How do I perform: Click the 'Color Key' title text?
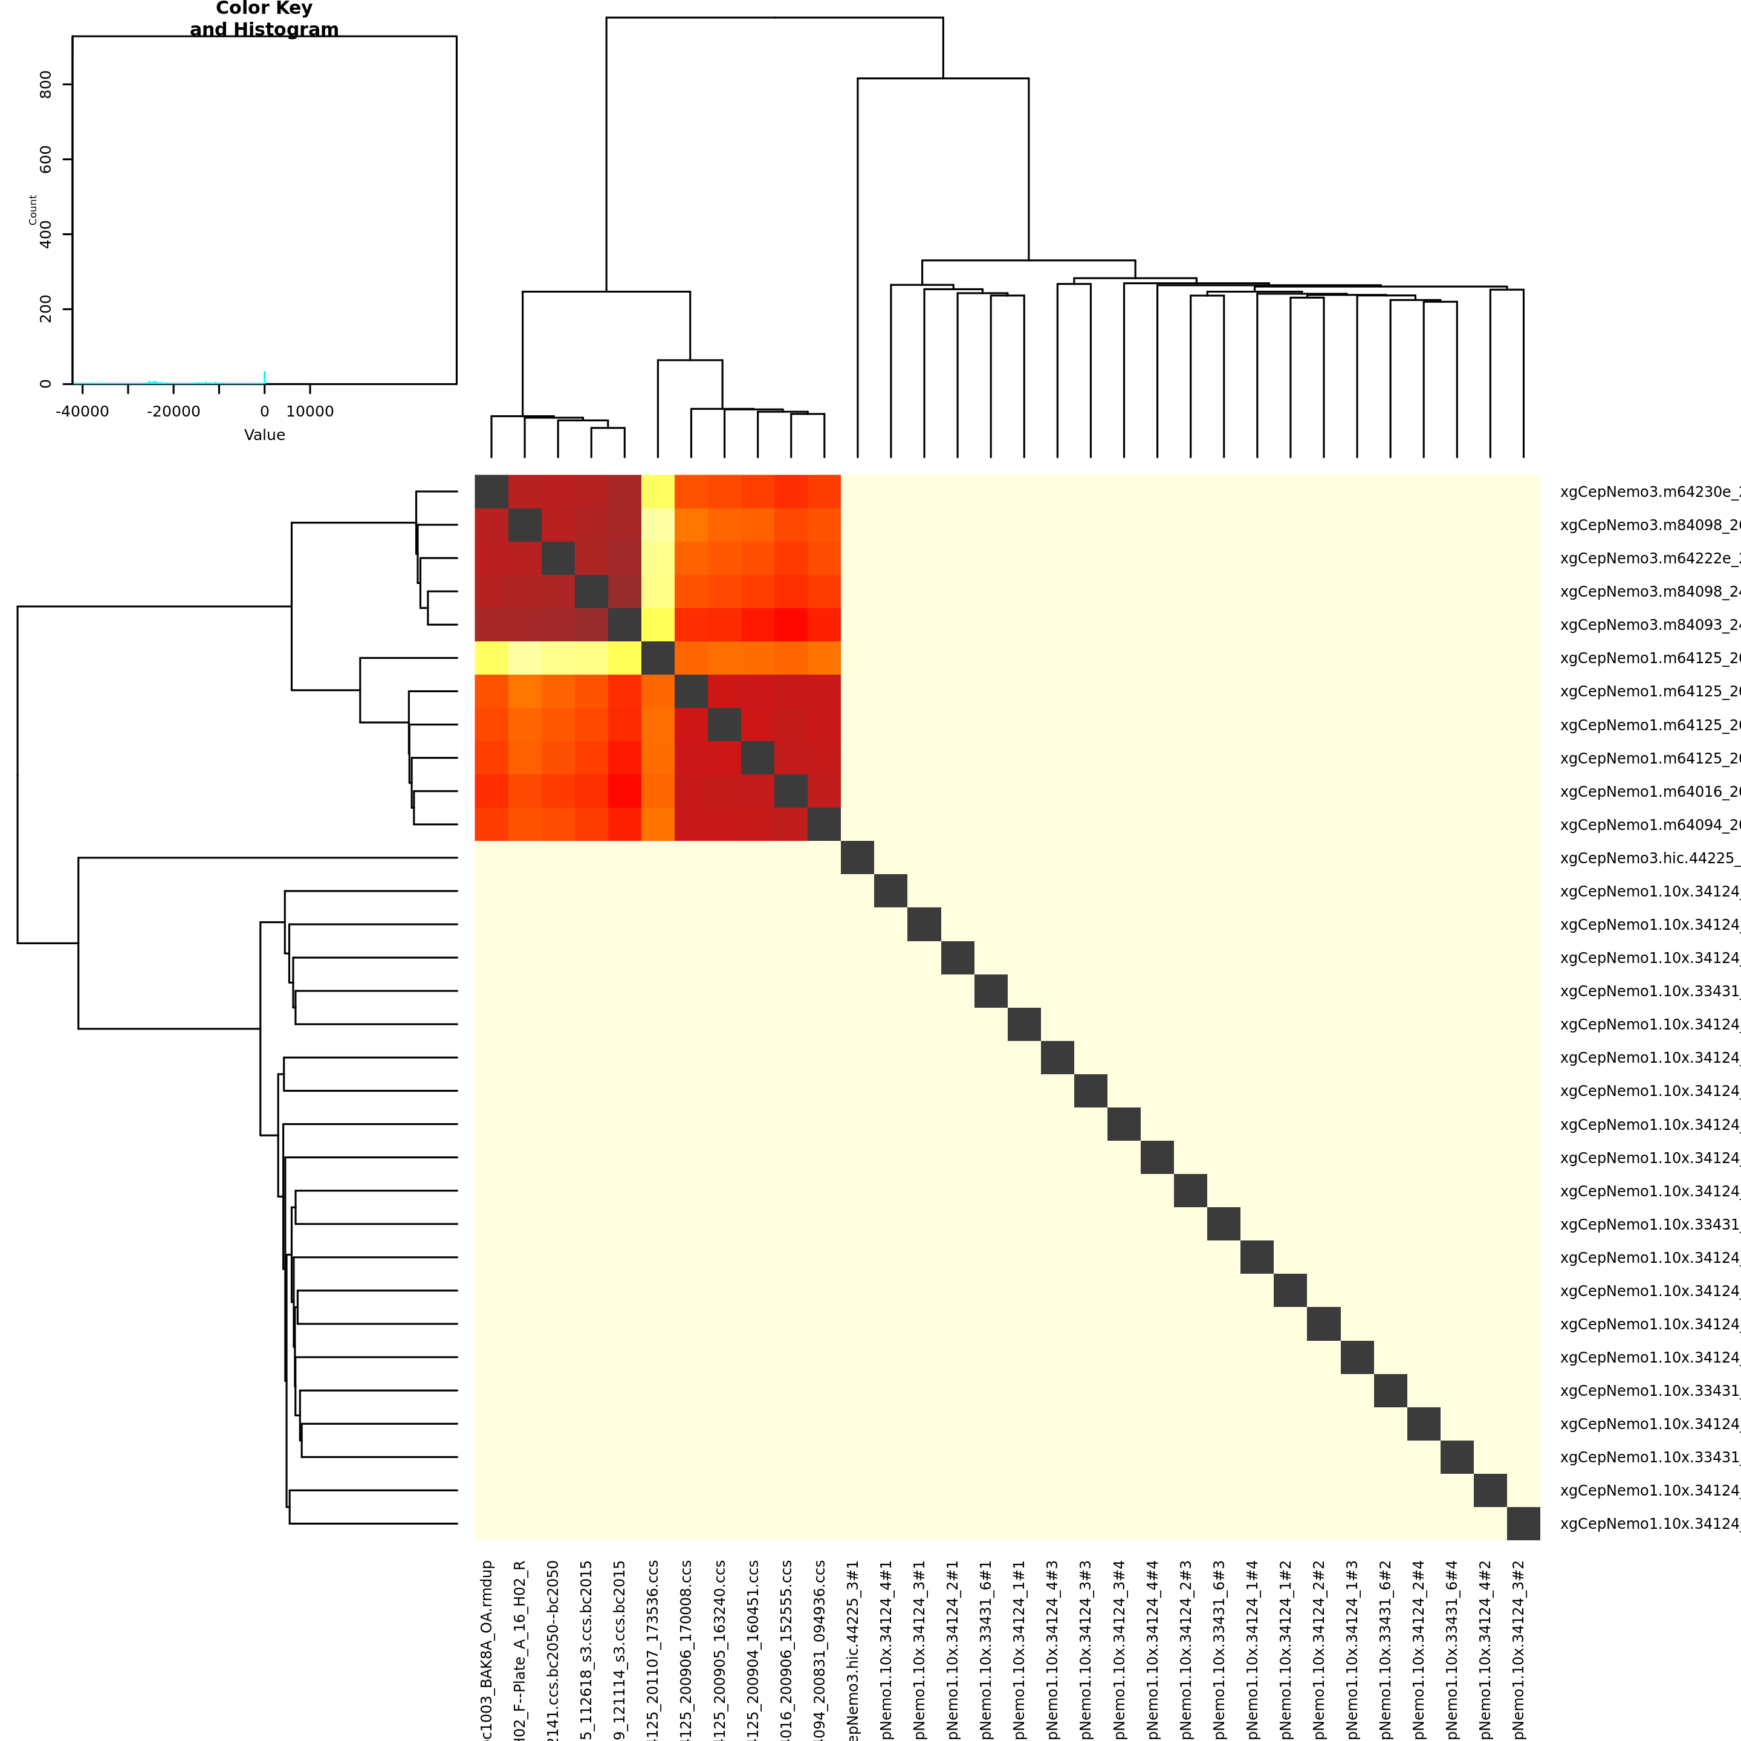click(264, 9)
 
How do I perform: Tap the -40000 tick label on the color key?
click(82, 412)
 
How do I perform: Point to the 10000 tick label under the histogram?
click(310, 412)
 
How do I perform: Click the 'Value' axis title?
click(264, 435)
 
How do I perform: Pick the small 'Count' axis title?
click(33, 210)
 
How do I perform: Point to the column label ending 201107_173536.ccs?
click(654, 1649)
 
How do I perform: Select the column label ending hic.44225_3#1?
click(854, 1649)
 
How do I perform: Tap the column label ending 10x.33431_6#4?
click(1453, 1649)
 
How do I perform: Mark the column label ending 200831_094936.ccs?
click(821, 1649)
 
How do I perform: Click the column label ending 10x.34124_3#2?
click(1519, 1649)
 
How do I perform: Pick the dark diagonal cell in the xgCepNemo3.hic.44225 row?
click(857, 858)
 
